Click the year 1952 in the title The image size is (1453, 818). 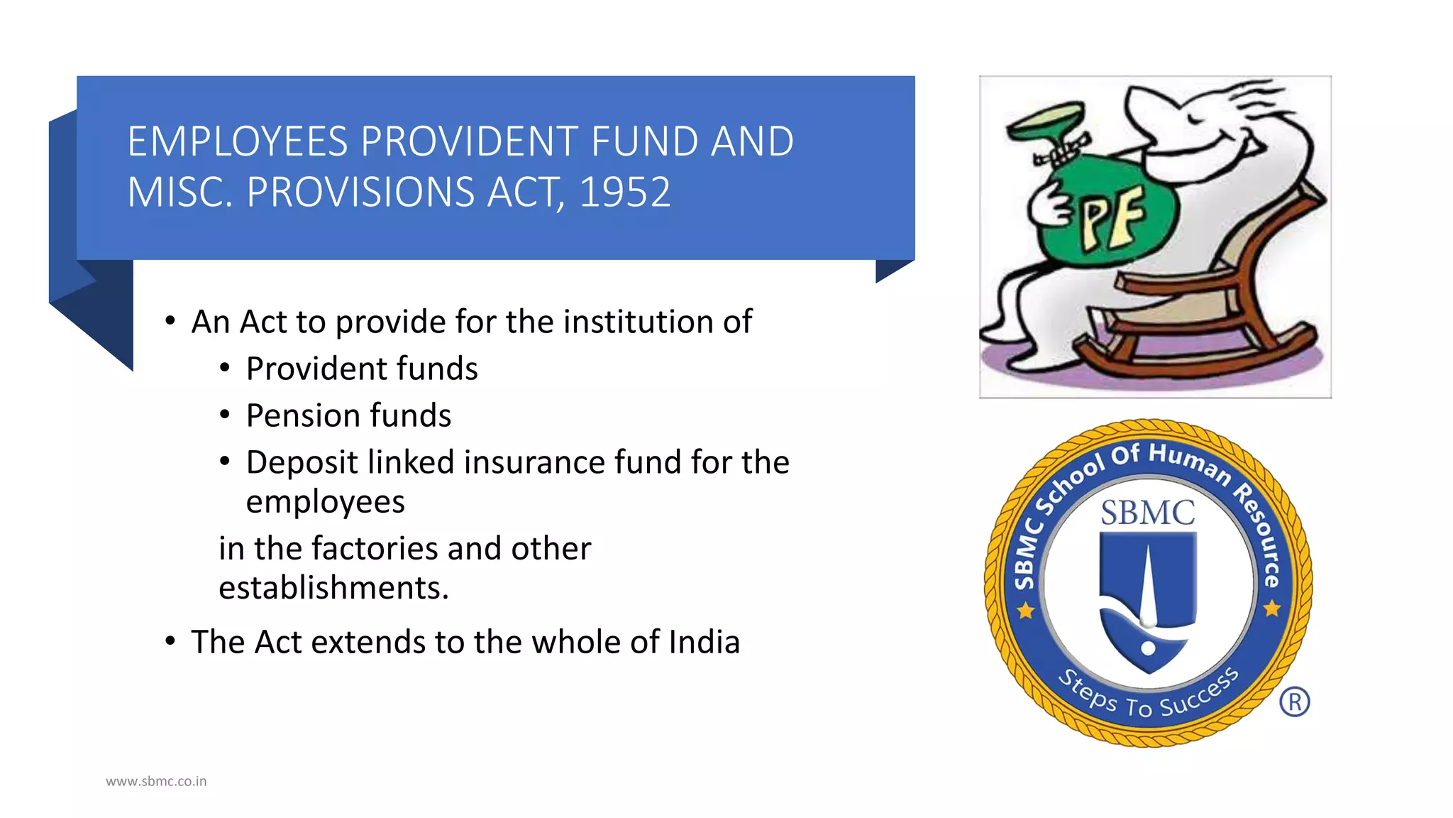point(624,192)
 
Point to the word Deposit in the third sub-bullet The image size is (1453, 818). point(301,462)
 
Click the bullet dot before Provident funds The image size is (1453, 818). point(225,368)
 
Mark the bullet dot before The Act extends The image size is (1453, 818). point(170,641)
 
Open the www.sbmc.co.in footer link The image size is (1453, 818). point(156,781)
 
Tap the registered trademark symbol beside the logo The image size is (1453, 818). point(1295,702)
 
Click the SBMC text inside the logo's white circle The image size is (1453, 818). point(1147,513)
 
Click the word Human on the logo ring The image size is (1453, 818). point(1190,463)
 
